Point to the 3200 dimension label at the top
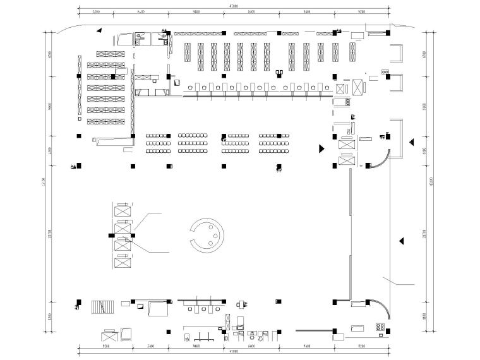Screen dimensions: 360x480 tap(96, 11)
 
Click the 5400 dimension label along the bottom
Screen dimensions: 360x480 tap(150, 346)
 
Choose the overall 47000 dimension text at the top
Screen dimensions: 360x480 tap(233, 6)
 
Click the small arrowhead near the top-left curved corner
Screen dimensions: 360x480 tap(99, 30)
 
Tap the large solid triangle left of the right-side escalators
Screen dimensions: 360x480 tap(321, 148)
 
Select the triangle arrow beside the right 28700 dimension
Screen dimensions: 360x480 tap(400, 240)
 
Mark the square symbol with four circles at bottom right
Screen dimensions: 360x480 tap(381, 327)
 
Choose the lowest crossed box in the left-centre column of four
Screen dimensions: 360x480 tap(123, 261)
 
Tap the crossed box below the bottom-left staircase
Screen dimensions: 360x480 tap(127, 333)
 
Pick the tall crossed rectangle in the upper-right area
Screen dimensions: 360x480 tap(357, 87)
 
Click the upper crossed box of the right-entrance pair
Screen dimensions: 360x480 tap(347, 145)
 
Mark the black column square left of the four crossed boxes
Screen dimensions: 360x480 tap(111, 235)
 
